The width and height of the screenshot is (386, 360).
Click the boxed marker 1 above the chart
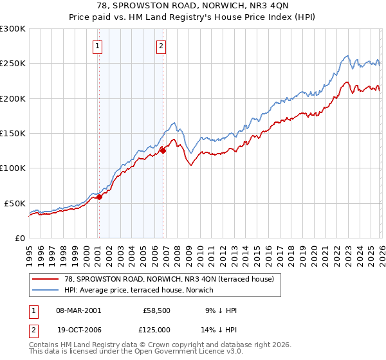click(x=98, y=46)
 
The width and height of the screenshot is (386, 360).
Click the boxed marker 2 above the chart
click(x=160, y=46)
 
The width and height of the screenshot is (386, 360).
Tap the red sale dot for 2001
click(x=99, y=197)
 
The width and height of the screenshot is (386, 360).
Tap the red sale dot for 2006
click(x=163, y=151)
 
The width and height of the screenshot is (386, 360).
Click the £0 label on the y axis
click(x=19, y=238)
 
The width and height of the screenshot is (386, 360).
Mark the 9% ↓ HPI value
click(x=220, y=310)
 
